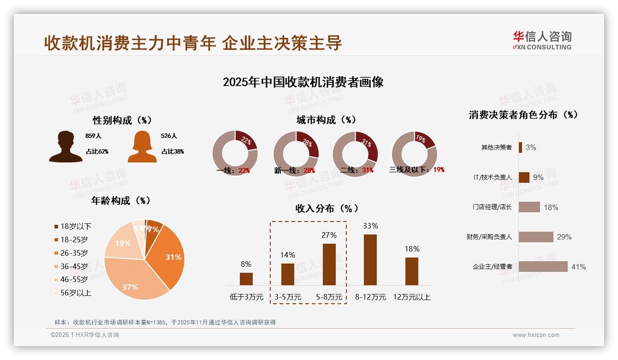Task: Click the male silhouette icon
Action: coord(66,147)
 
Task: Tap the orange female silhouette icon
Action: coord(142,147)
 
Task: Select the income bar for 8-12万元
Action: coord(370,260)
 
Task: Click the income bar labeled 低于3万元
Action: coord(246,279)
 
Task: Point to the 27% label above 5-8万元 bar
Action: coord(329,235)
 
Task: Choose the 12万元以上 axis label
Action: coord(412,297)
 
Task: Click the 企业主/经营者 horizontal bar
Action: coord(543,267)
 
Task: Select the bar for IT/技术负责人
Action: coord(524,177)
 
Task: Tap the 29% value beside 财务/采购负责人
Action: coord(564,237)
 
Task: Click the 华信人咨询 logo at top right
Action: coord(542,40)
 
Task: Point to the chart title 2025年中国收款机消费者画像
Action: coord(303,82)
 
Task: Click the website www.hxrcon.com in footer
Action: coord(536,335)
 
